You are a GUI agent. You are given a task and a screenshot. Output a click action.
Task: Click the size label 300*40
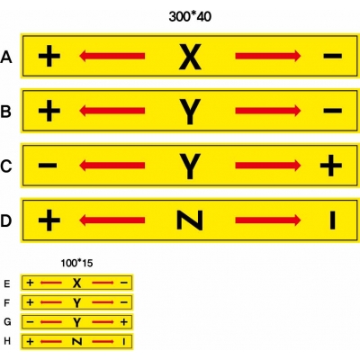(190, 16)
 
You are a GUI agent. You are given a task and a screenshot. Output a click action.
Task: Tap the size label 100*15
(76, 263)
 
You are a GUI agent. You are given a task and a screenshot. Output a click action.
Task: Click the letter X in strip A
(190, 57)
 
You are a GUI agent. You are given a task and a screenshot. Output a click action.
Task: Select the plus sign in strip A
(49, 56)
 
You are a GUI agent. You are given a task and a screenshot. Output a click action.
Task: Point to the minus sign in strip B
(332, 111)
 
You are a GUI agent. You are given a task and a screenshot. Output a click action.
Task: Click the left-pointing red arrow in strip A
(112, 56)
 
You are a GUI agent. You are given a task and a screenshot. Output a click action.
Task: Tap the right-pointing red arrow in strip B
(268, 111)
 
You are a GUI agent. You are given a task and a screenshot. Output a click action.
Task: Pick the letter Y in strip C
(190, 166)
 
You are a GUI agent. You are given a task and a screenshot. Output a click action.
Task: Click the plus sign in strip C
(331, 166)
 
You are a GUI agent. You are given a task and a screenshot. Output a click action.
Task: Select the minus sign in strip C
(48, 166)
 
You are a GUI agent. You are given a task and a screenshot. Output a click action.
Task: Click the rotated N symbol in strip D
(190, 220)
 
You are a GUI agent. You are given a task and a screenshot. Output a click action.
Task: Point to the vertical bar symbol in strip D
(332, 220)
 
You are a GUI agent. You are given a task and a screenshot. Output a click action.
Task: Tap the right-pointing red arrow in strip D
(268, 220)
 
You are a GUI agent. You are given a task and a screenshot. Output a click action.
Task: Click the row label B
(6, 112)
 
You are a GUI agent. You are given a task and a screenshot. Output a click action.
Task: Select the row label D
(6, 220)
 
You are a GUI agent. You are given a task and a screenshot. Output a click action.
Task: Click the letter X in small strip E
(77, 283)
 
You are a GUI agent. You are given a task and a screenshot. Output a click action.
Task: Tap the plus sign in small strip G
(124, 322)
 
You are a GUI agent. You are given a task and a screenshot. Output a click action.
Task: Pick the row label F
(7, 303)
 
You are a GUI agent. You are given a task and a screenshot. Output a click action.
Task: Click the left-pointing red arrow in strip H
(51, 341)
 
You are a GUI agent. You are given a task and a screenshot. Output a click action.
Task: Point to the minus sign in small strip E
(124, 283)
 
